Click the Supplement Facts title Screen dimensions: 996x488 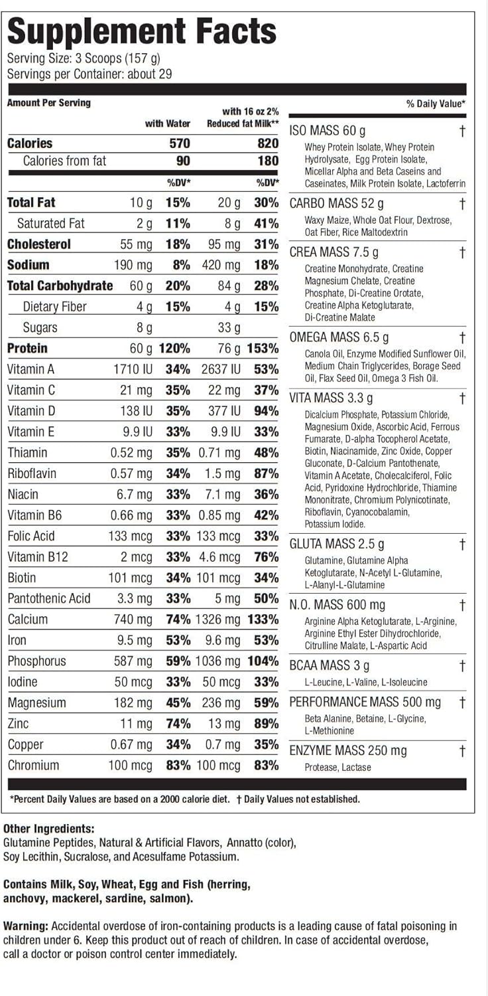141,31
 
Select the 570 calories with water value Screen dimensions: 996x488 178,143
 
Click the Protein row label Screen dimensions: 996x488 27,349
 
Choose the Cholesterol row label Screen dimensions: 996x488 38,244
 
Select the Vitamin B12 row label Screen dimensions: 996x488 38,557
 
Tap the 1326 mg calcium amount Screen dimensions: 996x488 217,620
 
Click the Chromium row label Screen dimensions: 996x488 33,766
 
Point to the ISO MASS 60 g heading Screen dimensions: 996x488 328,131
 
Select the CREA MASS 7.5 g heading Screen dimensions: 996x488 334,252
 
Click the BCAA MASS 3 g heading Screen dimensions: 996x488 330,666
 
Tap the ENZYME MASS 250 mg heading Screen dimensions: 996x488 348,751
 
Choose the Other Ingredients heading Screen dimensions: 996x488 48,829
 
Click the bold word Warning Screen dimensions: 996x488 26,926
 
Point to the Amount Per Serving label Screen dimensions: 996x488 49,103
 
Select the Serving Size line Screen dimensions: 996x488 84,58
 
